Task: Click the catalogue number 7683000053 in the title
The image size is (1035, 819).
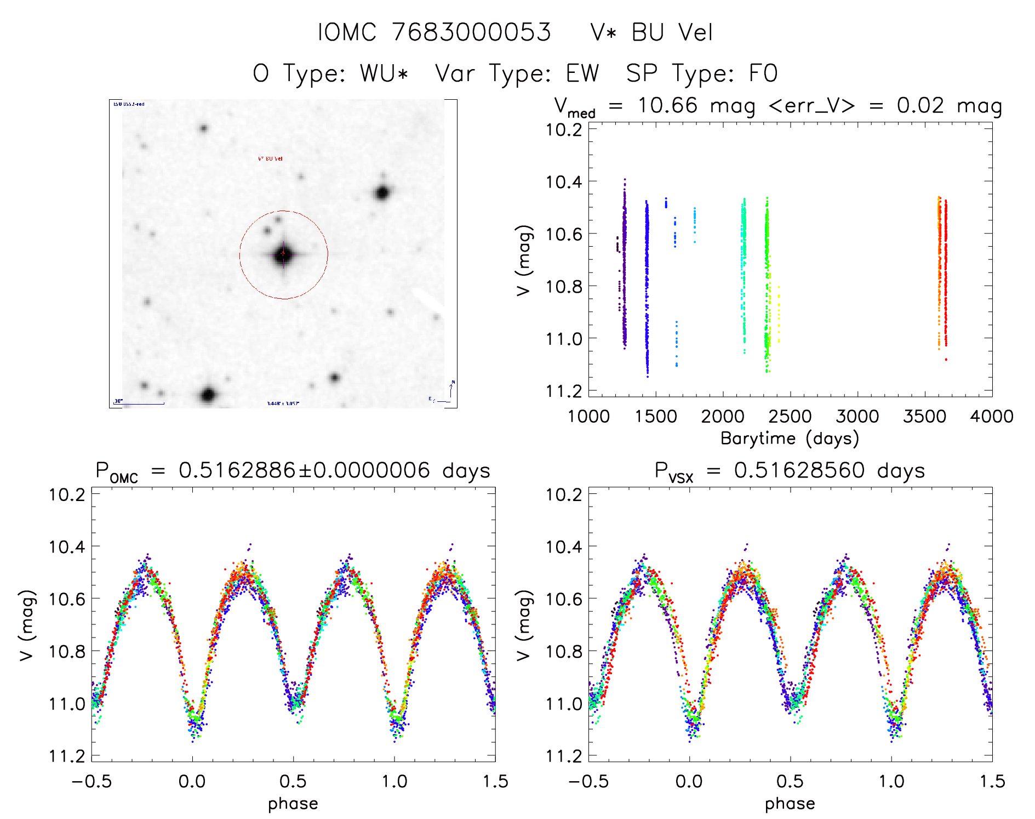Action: [472, 32]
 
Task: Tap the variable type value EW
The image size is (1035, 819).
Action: [582, 73]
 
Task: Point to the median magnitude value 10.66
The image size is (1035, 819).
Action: [667, 105]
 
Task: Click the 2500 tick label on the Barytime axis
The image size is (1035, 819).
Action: [790, 417]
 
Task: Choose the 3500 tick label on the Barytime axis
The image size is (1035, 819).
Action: [924, 417]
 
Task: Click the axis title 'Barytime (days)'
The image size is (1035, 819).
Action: [790, 439]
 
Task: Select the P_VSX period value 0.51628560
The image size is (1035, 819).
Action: [799, 470]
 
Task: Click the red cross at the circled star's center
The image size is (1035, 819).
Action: [283, 253]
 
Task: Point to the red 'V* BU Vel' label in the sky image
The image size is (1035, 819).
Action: [270, 159]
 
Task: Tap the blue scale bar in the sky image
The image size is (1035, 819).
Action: [140, 404]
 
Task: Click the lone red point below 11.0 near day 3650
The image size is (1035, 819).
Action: [946, 360]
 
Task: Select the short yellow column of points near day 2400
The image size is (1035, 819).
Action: [779, 315]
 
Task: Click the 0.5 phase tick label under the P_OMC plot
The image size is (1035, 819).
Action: [293, 782]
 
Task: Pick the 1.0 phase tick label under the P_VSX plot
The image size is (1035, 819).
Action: [891, 782]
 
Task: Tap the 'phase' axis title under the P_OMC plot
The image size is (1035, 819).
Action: [293, 804]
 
